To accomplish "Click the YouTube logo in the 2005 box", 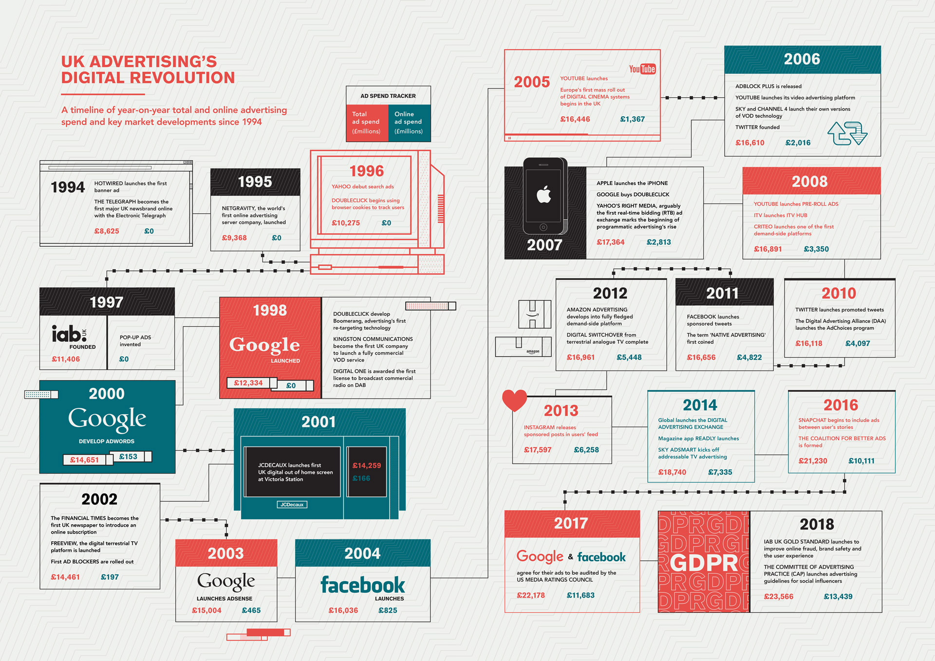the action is (x=642, y=69).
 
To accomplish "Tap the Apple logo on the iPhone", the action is (x=543, y=195).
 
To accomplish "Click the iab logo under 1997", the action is (x=69, y=334).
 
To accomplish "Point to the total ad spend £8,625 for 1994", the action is (x=107, y=231).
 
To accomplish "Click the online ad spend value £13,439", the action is (x=838, y=597).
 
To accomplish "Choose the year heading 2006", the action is (x=802, y=59).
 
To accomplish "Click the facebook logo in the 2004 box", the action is (x=362, y=585).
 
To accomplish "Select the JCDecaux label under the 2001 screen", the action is (x=292, y=505).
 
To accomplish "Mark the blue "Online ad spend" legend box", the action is (x=409, y=123).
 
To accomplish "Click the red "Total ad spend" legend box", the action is (x=367, y=123).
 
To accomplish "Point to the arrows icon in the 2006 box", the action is (x=847, y=133).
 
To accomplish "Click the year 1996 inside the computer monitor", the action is (x=366, y=171).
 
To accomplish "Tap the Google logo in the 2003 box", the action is (x=226, y=581).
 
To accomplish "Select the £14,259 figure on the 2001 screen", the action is (x=367, y=466).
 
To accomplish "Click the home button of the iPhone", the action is (x=543, y=227).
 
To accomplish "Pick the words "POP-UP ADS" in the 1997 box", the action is (x=135, y=337).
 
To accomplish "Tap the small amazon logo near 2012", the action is (x=533, y=351).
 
